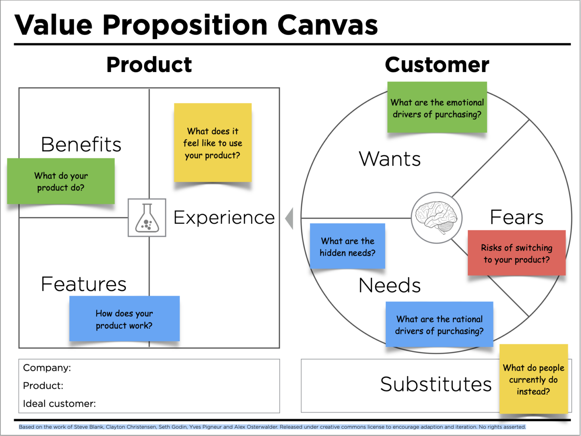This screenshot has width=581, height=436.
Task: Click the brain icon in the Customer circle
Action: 436,218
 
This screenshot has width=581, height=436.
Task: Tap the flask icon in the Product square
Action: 147,218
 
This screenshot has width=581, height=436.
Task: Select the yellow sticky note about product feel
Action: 213,143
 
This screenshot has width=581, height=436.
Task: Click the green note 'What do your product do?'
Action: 61,181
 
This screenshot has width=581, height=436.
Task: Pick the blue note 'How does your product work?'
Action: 124,319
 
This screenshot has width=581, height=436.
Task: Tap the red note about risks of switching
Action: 517,253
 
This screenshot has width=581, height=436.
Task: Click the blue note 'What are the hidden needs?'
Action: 347,246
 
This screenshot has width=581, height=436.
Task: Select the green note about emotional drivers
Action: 437,108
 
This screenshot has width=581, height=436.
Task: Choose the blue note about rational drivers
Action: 439,325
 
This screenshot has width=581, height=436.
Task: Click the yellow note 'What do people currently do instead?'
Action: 533,379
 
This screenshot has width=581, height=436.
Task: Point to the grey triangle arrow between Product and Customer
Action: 289,218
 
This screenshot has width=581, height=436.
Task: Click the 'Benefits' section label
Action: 81,144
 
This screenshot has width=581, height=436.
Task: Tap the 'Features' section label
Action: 84,284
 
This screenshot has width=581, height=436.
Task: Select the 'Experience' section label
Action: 224,217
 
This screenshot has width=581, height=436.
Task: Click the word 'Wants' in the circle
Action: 390,159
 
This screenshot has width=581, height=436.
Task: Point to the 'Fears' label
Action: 516,217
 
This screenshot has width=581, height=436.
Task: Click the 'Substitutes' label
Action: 436,384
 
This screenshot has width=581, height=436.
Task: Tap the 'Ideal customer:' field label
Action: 59,404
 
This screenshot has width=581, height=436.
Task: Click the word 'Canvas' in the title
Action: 328,25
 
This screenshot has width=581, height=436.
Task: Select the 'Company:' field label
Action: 47,368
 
